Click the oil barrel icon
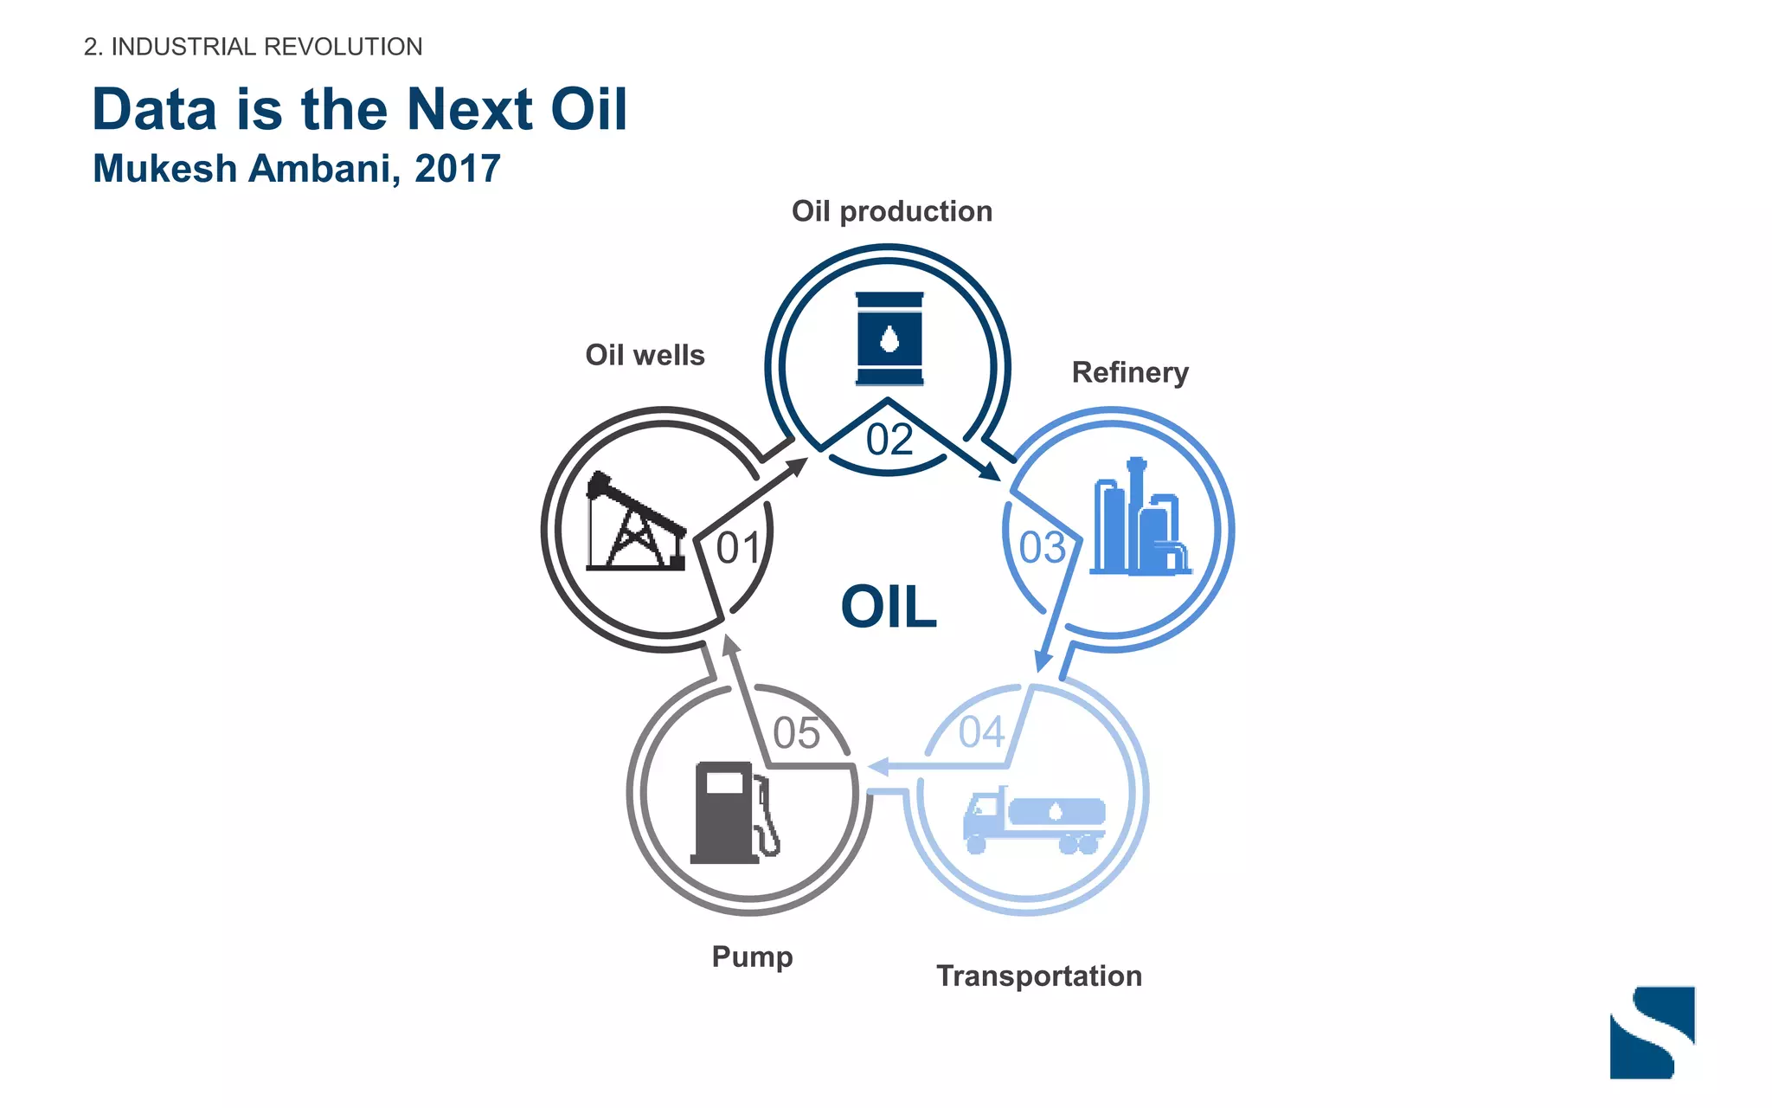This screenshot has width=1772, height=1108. (889, 338)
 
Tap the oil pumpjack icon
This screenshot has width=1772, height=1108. (636, 522)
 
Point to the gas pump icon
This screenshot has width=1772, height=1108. (735, 813)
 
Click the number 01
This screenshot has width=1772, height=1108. (739, 548)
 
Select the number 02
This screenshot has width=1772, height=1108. (889, 440)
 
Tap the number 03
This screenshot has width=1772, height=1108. (1042, 548)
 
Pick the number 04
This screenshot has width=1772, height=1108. (981, 732)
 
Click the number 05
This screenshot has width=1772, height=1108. (796, 733)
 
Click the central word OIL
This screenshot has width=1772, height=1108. (889, 607)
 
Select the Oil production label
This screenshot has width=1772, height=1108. (892, 211)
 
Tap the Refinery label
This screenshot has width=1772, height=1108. (1130, 372)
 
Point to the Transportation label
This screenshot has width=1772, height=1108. (1039, 976)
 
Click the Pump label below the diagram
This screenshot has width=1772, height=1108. (752, 957)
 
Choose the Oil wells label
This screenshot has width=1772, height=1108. (645, 355)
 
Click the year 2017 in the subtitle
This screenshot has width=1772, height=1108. (458, 169)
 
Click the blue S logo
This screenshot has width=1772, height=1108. (1652, 1032)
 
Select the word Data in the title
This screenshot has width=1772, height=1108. (155, 110)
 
